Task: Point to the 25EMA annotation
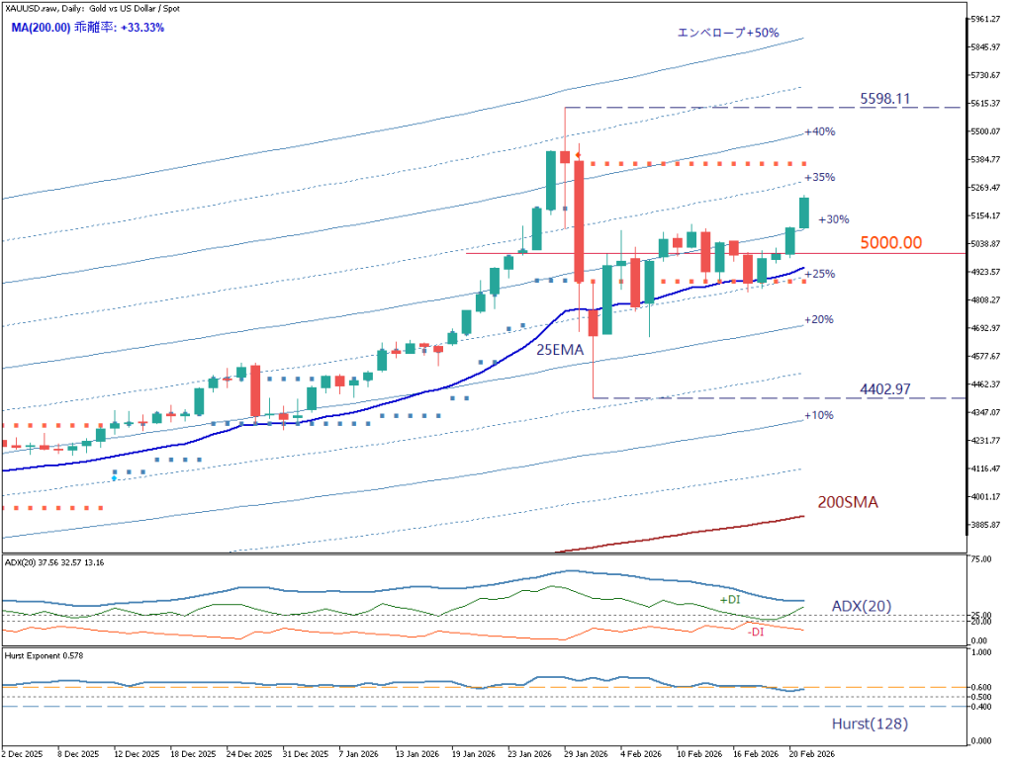pos(560,349)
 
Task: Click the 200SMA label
pos(848,502)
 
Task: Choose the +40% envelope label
pos(820,131)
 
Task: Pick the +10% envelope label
pos(818,415)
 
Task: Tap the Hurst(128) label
pos(870,723)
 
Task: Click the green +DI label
pos(729,600)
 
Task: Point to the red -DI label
pos(756,632)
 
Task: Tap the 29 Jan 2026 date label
pos(584,753)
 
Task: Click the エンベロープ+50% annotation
pos(727,33)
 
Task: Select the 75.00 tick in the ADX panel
pos(981,559)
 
